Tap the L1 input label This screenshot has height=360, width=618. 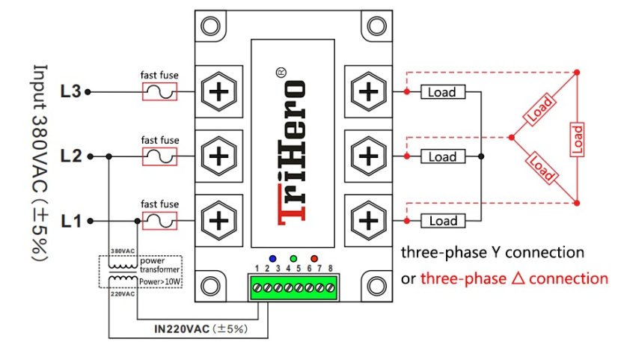pos(70,221)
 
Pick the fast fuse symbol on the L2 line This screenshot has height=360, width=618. pos(159,156)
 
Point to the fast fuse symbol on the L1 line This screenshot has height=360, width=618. pos(159,221)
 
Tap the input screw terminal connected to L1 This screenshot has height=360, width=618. pos(218,221)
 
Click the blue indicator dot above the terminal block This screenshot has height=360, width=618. pos(275,258)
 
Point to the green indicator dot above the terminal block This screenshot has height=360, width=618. pos(294,258)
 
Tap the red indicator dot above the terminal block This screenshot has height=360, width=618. pos(314,258)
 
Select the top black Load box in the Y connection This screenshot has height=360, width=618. pos(442,92)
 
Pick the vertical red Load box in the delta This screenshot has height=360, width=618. pos(577,138)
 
